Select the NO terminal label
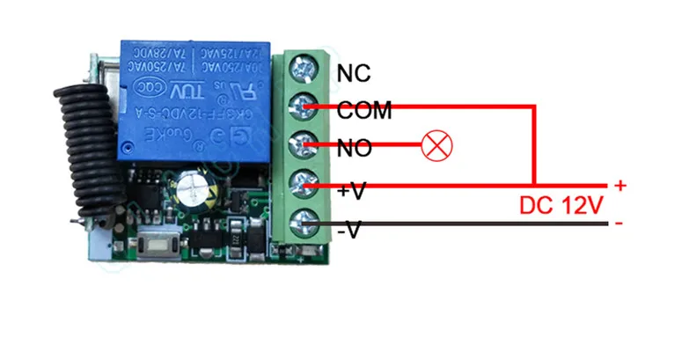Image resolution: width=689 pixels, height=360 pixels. pos(354,148)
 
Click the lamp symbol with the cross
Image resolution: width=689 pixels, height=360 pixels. pos(435,145)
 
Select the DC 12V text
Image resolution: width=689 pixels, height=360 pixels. pos(560,206)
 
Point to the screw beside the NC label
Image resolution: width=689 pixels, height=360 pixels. pos(304,66)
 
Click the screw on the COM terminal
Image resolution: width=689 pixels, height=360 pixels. pos(304,107)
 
